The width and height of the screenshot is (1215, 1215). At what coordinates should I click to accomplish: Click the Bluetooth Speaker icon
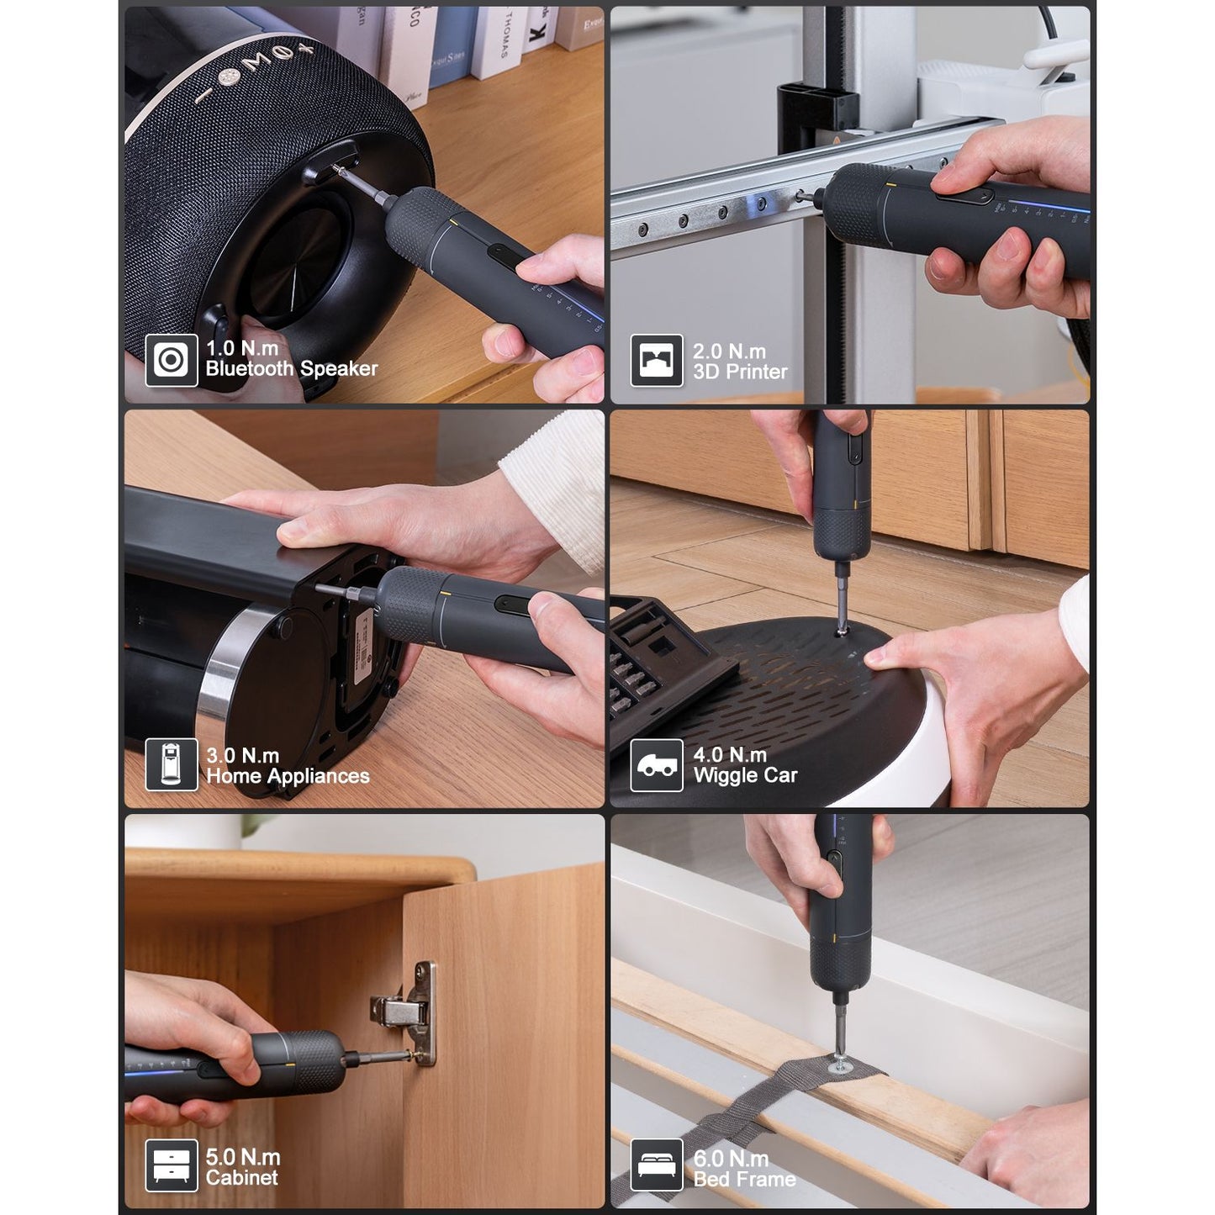171,361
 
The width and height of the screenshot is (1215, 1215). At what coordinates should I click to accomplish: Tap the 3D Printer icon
656,361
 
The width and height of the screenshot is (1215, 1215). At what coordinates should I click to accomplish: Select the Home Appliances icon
171,764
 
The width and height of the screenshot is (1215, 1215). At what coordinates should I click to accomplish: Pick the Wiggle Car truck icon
656,765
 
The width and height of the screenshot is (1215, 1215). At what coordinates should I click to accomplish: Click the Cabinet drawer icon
171,1166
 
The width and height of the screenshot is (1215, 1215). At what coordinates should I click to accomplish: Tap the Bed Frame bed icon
656,1166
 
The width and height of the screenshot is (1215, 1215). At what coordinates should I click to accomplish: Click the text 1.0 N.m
242,348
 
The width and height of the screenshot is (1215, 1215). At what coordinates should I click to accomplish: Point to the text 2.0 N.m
729,351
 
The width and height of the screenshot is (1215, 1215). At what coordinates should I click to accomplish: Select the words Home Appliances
288,776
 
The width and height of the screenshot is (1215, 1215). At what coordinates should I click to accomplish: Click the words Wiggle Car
745,775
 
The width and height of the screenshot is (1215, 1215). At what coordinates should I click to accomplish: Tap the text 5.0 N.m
243,1157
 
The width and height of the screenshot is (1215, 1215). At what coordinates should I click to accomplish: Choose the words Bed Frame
744,1179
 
